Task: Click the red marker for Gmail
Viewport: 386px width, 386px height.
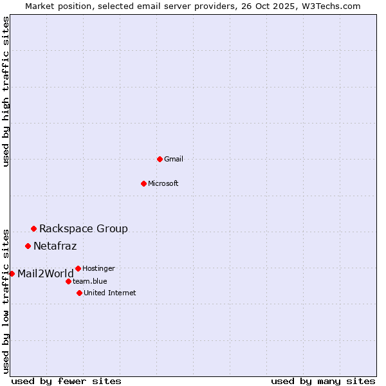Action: coord(160,159)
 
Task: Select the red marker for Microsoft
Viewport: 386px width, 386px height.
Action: coord(143,183)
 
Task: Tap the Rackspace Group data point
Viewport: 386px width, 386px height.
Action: coord(33,228)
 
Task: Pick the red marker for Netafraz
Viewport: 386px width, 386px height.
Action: coord(28,246)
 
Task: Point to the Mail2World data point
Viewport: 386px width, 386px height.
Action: coord(12,273)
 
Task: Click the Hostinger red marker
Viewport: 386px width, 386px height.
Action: coord(78,268)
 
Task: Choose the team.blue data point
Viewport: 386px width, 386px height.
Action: coord(68,281)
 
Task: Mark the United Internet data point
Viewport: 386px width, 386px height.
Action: coord(79,293)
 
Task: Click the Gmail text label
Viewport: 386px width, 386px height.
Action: coord(174,159)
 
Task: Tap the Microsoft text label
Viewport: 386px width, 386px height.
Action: coord(163,183)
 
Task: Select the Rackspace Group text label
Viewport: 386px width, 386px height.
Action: coord(84,228)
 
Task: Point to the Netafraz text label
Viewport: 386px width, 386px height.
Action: coord(55,246)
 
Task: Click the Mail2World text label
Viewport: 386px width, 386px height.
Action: coord(46,273)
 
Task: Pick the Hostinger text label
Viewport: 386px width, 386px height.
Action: coord(99,268)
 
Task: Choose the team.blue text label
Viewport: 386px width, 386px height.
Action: coord(90,281)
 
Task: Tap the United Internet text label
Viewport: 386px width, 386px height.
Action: coord(110,293)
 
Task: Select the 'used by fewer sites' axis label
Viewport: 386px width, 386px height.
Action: coord(66,381)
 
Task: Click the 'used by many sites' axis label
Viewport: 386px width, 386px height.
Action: coord(323,381)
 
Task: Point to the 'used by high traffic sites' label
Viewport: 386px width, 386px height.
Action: coord(6,91)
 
